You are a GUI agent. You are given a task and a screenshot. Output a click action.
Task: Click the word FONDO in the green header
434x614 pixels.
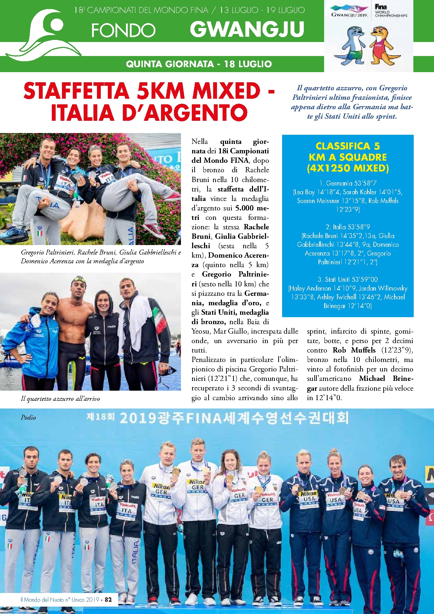(x=123, y=31)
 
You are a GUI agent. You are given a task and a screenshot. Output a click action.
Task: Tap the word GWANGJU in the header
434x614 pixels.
(x=247, y=29)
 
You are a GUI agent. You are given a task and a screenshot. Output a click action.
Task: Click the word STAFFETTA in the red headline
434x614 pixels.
(x=76, y=91)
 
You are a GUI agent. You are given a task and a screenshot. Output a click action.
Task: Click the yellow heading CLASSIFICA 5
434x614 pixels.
(x=348, y=146)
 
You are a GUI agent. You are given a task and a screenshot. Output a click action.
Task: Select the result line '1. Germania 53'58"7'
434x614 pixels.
(x=348, y=183)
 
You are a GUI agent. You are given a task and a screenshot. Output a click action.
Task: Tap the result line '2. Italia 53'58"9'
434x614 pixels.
(x=348, y=227)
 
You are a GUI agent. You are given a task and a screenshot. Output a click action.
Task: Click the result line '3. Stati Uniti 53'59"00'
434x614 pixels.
(x=348, y=279)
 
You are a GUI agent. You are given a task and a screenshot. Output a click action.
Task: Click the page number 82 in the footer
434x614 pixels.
(x=108, y=599)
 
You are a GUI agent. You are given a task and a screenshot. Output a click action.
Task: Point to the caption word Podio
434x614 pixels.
(x=28, y=417)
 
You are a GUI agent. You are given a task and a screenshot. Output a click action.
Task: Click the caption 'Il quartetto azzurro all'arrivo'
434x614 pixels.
(x=60, y=398)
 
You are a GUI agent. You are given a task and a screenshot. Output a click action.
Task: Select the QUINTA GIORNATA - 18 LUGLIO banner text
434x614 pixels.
(x=198, y=64)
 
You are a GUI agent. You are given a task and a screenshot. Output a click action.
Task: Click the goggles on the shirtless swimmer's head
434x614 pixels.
(x=79, y=279)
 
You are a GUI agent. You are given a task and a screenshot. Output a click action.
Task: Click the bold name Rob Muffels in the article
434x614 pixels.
(x=354, y=350)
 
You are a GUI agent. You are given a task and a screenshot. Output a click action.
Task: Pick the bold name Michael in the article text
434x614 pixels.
(x=372, y=378)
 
